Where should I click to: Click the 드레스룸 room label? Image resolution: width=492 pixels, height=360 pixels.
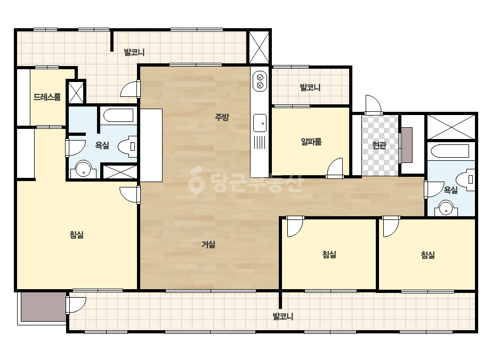click(47, 97)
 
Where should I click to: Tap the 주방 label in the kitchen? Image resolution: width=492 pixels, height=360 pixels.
click(222, 117)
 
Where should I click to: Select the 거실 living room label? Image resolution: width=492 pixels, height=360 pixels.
click(208, 244)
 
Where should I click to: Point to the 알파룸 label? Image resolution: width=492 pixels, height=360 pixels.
click(311, 142)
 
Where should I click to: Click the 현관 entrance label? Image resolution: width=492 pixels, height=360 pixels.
click(379, 145)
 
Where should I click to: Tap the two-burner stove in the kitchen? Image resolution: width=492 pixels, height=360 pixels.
click(260, 81)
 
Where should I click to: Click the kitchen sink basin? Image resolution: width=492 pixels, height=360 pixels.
click(260, 123)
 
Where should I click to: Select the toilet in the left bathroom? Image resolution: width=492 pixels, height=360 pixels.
click(128, 146)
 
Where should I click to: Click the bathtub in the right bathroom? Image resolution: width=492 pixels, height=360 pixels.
click(450, 151)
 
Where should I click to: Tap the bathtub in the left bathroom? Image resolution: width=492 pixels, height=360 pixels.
click(118, 116)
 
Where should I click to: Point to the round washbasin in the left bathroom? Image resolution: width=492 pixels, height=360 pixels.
click(84, 169)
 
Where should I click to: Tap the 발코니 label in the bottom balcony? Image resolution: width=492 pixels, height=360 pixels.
click(283, 316)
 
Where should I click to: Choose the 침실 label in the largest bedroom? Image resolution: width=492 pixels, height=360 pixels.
click(77, 235)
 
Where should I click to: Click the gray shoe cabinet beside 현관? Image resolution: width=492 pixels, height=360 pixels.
click(407, 145)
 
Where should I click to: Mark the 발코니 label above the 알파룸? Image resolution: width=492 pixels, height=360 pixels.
click(310, 87)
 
